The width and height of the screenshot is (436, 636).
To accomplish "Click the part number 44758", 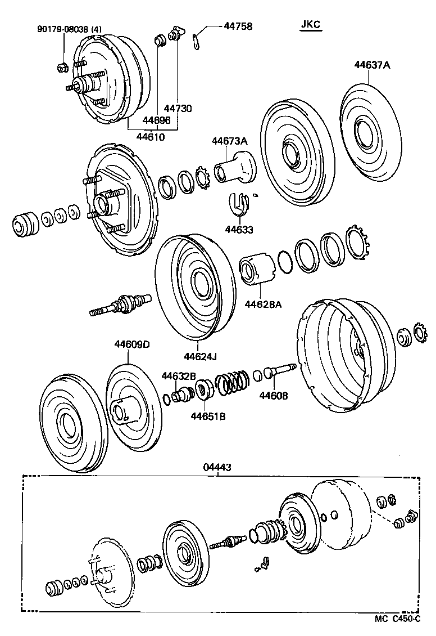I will [238, 26].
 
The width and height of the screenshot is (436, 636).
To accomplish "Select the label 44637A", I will [372, 65].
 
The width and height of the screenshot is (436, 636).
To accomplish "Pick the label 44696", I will [156, 120].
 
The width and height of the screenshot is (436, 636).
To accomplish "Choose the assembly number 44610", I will [151, 137].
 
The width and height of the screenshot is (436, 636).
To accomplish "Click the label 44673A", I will [229, 141].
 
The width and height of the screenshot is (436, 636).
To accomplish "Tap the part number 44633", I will [239, 229].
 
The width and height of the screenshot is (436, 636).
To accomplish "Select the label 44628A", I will [263, 304].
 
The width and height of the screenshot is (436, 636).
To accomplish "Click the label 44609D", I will [133, 344].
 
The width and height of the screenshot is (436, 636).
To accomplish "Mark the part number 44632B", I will [179, 375].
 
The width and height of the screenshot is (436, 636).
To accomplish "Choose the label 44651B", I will [208, 416].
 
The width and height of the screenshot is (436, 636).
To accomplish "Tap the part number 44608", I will [274, 396].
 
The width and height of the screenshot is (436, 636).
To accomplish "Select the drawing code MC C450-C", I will [398, 619].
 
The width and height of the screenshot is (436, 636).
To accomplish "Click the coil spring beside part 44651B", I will [231, 381].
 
